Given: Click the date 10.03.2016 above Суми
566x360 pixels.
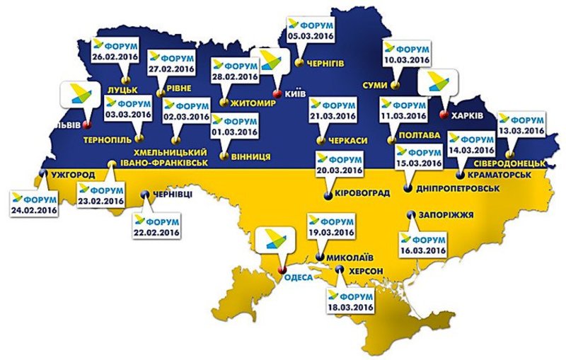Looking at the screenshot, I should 406,62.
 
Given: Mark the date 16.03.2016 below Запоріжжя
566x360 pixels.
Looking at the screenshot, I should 422,250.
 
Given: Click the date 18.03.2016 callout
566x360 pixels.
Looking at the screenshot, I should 349,306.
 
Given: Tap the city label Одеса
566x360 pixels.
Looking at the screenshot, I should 297,277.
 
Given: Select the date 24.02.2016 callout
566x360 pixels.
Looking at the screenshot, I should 34,210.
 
